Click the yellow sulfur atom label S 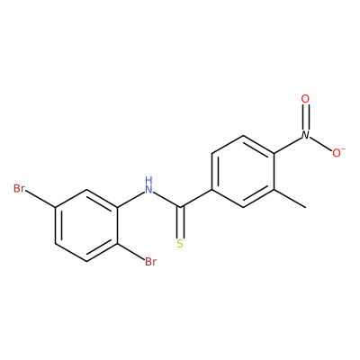pos(180,244)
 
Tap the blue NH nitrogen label pos(148,185)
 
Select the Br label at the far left pos(19,189)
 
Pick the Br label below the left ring pos(150,262)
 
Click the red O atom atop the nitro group pos(305,99)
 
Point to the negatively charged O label pos(338,153)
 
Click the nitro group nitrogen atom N pos(305,135)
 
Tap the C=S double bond pos(180,222)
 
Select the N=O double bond pos(305,117)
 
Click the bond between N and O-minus pos(320,144)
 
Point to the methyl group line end pos(306,207)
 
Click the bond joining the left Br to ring pos(40,198)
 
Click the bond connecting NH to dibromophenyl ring pos(130,200)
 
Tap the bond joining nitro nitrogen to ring pos(288,145)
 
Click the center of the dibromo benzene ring pos(86,225)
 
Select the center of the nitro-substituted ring pos(242,171)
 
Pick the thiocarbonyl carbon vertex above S pos(180,207)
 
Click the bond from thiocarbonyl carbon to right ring pos(195,198)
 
